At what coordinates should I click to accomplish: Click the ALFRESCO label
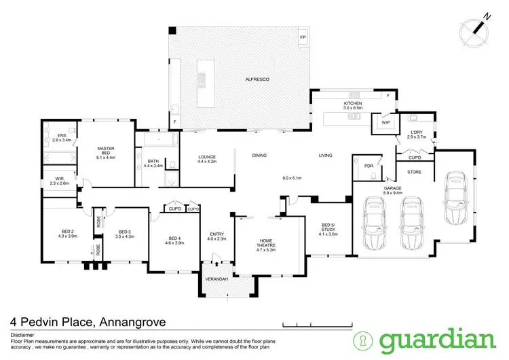click(258, 80)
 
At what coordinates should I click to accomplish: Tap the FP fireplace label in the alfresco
click(303, 36)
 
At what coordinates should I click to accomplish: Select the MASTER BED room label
click(106, 151)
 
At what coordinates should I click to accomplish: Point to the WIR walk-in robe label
click(60, 181)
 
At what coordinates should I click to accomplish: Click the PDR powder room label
click(369, 165)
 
